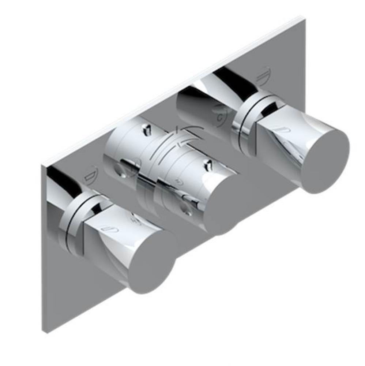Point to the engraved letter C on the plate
tap(220, 117)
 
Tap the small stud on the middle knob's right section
tap(209, 164)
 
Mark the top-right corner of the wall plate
tap(303, 17)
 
